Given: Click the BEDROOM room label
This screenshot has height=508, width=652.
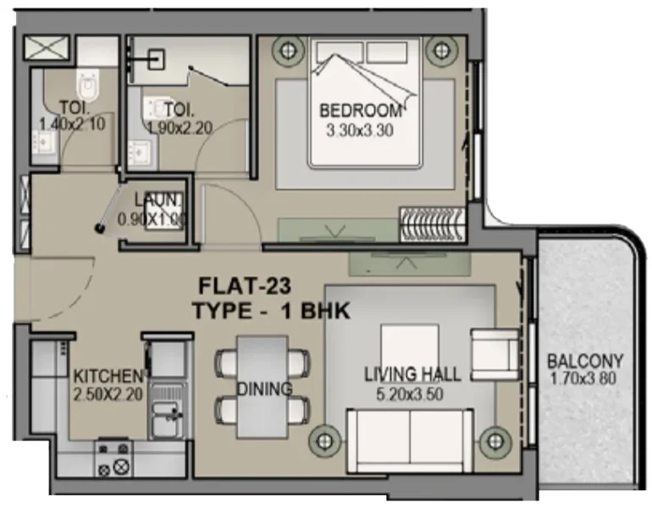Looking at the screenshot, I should pyautogui.click(x=359, y=111).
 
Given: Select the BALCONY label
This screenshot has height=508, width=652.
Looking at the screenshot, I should pyautogui.click(x=584, y=359).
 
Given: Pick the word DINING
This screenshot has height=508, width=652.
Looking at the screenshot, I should pyautogui.click(x=264, y=389).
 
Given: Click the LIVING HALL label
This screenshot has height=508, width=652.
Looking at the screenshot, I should pyautogui.click(x=412, y=373).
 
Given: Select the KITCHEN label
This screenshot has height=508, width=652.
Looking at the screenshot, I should pyautogui.click(x=107, y=375).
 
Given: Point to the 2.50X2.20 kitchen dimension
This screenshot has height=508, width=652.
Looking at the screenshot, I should pyautogui.click(x=107, y=394).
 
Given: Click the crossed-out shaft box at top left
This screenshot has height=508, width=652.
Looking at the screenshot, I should pyautogui.click(x=39, y=48).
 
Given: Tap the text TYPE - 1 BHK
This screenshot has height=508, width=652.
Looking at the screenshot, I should pyautogui.click(x=271, y=310).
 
